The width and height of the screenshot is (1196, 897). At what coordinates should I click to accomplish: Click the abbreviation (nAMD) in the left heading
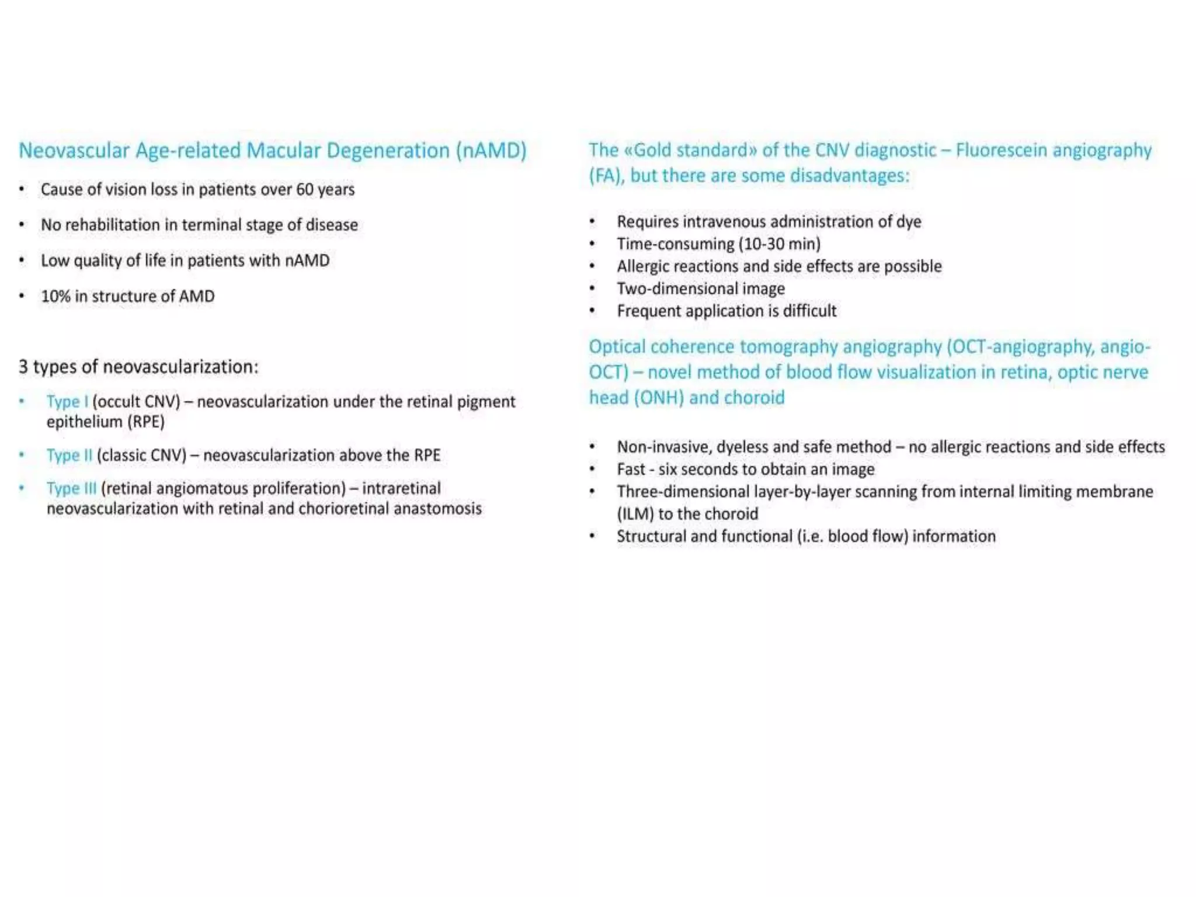pos(491,151)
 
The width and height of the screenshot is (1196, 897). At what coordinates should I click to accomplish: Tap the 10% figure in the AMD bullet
pos(55,296)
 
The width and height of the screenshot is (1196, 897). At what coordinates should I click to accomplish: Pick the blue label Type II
pos(69,455)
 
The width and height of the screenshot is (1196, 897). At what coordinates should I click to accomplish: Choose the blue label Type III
pos(71,488)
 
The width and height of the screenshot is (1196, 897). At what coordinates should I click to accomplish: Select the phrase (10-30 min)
pos(780,244)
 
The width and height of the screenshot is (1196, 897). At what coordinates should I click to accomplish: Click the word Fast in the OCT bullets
pos(631,470)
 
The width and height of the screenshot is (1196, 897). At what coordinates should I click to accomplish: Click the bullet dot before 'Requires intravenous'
pos(592,222)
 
